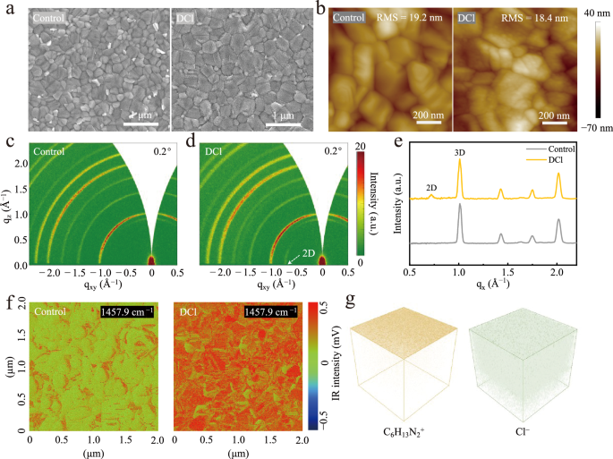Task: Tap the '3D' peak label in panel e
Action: click(459, 152)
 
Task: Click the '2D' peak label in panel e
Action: click(432, 186)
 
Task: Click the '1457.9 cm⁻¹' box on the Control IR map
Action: click(125, 312)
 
